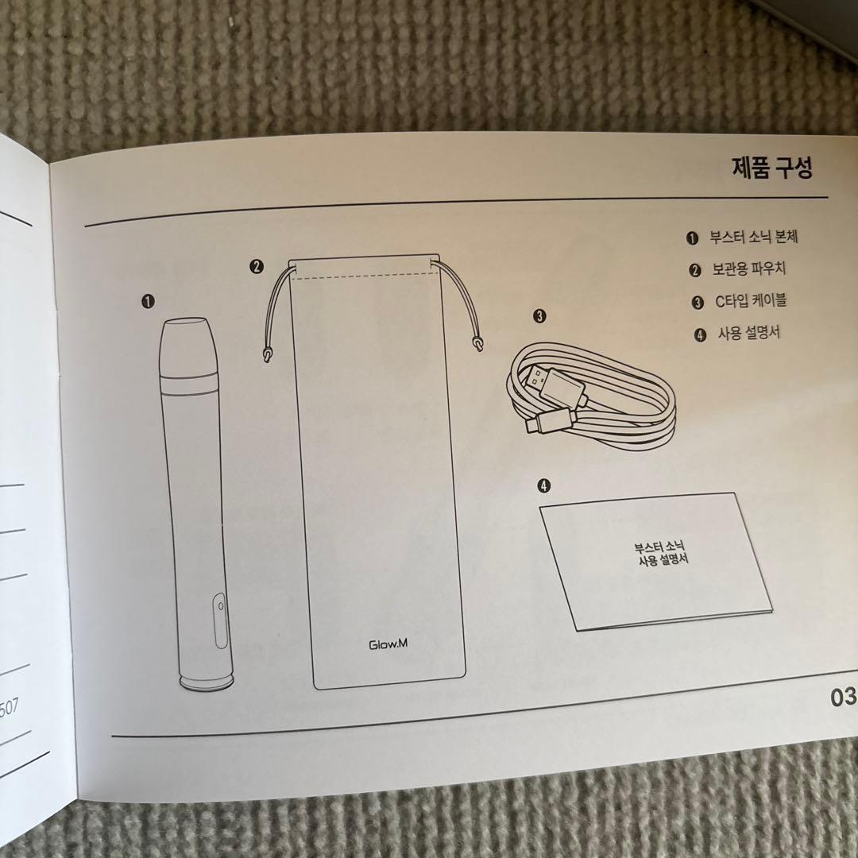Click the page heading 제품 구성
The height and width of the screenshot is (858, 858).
[772, 167]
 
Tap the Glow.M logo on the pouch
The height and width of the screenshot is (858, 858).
[388, 644]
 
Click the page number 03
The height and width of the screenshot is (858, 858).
[843, 698]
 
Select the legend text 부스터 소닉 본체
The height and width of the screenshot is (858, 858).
[753, 237]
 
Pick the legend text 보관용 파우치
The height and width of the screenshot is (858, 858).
[748, 269]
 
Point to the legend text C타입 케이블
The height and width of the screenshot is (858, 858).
[751, 301]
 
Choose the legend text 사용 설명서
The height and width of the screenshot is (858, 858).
[748, 333]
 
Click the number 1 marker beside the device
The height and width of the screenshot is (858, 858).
[148, 301]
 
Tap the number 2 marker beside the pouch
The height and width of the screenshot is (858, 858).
[256, 266]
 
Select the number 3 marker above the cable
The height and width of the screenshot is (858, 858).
[539, 315]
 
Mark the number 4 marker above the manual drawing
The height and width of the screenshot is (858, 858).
[544, 485]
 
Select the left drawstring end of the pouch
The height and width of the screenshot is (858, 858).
[267, 356]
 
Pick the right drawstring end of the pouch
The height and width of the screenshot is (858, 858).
[477, 343]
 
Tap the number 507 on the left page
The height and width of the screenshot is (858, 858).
[10, 709]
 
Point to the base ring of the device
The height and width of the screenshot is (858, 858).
[207, 682]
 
